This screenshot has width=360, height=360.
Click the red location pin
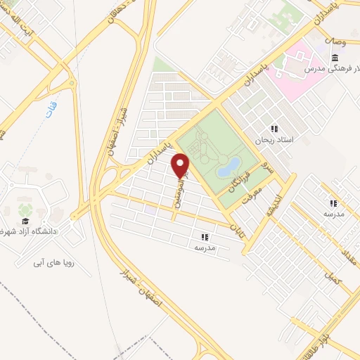pyautogui.click(x=181, y=165)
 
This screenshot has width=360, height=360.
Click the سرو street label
pyautogui.click(x=266, y=167)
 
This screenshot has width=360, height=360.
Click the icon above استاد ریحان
pyautogui.click(x=275, y=129)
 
